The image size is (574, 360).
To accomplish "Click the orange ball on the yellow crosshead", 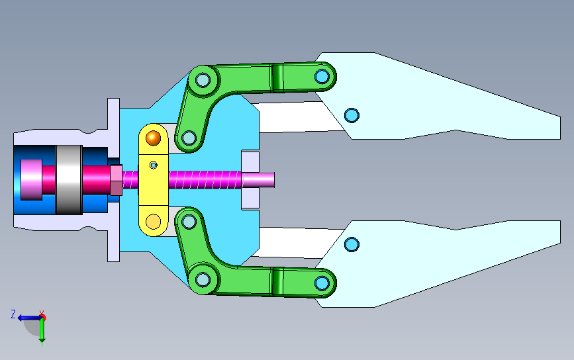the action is point(153,138).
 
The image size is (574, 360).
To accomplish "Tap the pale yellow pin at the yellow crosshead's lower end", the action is point(153,221).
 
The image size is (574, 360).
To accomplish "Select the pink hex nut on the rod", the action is point(116,180).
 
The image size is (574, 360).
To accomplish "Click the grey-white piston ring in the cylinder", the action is point(69,179).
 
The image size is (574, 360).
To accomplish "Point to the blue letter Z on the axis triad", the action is point(13,314).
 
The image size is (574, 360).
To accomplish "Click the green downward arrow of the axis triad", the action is point(42,331).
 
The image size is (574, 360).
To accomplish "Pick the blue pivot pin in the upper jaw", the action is point(352,115).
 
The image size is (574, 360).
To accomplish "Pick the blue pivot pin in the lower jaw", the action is point(352,244).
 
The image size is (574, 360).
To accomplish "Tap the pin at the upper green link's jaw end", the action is point(322,77).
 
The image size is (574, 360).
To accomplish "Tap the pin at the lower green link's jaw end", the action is point(322,283).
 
